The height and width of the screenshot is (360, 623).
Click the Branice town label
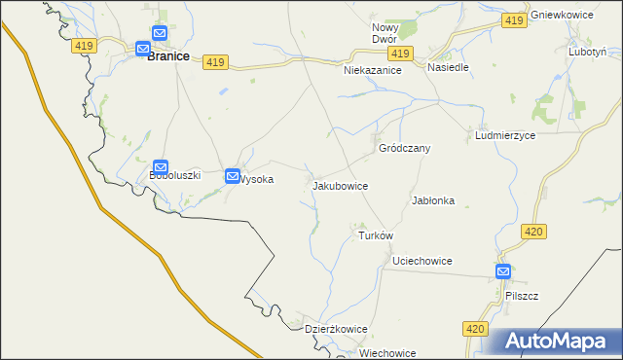tap(167, 57)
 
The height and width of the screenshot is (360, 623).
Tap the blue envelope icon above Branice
tap(143, 47)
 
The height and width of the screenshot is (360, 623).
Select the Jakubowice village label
tap(340, 184)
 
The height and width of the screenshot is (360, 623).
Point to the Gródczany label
tap(404, 148)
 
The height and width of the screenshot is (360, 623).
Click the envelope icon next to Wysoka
tap(233, 176)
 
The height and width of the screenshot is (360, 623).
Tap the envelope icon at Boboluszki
tap(162, 167)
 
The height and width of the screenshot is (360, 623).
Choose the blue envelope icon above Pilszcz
tap(503, 272)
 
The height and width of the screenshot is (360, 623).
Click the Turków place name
tap(375, 236)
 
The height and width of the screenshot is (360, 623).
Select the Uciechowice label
tap(421, 261)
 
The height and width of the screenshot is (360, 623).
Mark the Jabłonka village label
tap(433, 200)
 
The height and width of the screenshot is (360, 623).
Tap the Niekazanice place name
tap(373, 71)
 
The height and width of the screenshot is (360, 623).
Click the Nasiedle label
tap(449, 68)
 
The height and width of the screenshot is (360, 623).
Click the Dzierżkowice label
tap(336, 329)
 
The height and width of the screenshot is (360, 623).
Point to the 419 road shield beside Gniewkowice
tap(515, 19)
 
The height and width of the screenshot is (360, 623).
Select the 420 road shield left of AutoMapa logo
tap(474, 330)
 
